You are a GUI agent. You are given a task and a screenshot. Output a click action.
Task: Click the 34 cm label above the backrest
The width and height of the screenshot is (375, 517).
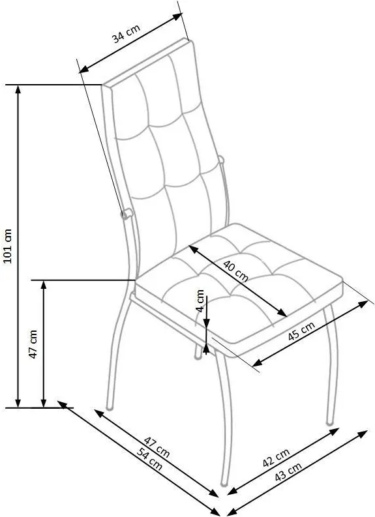click(127, 33)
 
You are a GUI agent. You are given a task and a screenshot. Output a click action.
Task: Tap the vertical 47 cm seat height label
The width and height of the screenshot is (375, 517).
click(33, 344)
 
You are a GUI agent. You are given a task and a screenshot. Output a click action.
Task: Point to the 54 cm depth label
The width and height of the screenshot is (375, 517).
click(150, 460)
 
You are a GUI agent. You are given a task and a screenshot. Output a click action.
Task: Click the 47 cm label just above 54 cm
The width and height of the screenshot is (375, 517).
click(157, 447)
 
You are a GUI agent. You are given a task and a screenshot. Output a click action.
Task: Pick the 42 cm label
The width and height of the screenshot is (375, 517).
click(276, 458)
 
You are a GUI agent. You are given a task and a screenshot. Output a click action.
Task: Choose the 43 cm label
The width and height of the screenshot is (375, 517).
click(288, 471)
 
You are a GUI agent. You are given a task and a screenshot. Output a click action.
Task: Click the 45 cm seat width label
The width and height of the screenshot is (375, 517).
click(301, 331)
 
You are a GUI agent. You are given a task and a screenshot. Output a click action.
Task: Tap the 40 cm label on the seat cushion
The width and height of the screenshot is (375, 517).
click(235, 271)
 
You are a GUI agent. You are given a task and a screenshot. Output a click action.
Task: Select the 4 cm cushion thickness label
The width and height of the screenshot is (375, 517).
click(200, 301)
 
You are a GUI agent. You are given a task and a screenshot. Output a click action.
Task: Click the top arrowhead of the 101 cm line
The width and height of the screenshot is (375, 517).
click(18, 89)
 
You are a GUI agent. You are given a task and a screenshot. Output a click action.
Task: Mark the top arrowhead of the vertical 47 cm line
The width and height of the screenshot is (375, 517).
click(44, 284)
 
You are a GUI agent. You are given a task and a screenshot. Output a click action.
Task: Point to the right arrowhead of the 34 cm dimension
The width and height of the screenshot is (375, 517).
click(178, 16)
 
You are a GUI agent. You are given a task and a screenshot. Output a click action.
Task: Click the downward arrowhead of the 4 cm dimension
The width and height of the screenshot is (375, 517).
click(206, 324)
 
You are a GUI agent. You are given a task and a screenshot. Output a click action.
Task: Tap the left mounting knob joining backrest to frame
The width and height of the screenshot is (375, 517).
click(127, 214)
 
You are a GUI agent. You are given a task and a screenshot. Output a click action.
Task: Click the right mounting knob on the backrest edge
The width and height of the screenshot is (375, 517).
click(221, 160)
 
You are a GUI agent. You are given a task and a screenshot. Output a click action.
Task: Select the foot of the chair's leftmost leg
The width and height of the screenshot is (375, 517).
click(110, 408)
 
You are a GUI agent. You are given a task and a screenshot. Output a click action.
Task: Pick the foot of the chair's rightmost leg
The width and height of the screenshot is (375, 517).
click(329, 422)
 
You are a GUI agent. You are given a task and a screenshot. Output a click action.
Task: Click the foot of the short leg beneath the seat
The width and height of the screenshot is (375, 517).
click(198, 357)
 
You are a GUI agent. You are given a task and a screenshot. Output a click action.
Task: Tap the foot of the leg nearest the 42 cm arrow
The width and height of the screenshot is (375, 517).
click(224, 484)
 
